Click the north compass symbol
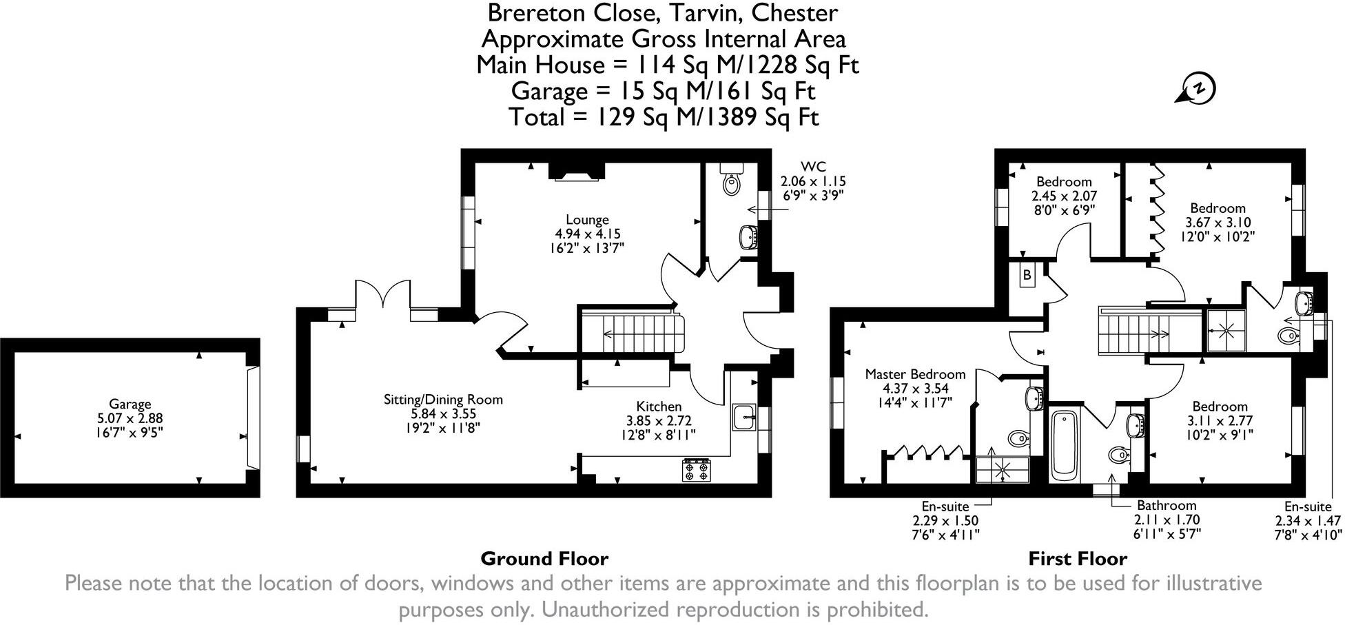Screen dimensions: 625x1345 pyautogui.click(x=1198, y=90)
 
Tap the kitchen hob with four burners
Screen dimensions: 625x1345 pyautogui.click(x=696, y=471)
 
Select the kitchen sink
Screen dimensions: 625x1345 pyautogui.click(x=745, y=417)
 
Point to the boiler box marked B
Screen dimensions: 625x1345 pyautogui.click(x=1027, y=276)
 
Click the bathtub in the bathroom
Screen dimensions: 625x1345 pyautogui.click(x=1065, y=445)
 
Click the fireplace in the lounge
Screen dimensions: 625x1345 pyautogui.click(x=576, y=171)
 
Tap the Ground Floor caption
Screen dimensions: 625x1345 pyautogui.click(x=544, y=558)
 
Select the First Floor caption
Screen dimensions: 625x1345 pyautogui.click(x=1078, y=558)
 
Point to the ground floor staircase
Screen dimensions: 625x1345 pyautogui.click(x=627, y=334)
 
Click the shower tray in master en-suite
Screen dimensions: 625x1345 pyautogui.click(x=1002, y=469)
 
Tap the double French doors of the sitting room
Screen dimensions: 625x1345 pyautogui.click(x=383, y=298)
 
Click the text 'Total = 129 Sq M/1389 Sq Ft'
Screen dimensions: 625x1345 pyautogui.click(x=664, y=116)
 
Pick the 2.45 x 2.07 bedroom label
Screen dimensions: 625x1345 pyautogui.click(x=1064, y=195)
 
